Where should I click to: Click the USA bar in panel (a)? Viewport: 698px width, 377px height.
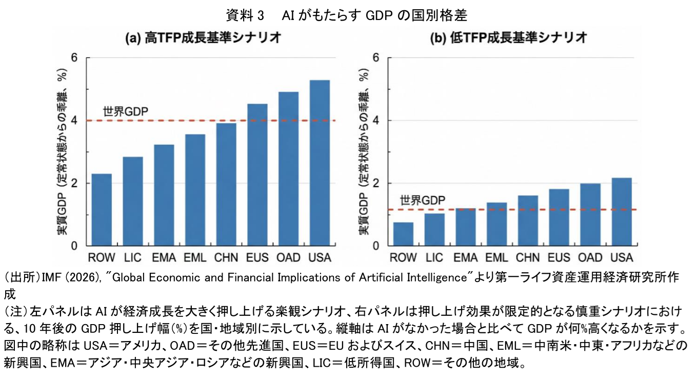[320, 163]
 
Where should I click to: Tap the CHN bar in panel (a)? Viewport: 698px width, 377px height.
[226, 184]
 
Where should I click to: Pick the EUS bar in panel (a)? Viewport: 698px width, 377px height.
[257, 175]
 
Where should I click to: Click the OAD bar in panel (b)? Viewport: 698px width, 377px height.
[590, 215]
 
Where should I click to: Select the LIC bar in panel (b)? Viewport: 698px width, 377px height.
[434, 230]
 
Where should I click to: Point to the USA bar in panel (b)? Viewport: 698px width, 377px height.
[621, 212]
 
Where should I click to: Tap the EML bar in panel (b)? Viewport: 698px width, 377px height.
[496, 224]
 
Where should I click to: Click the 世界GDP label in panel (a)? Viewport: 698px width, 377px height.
[126, 111]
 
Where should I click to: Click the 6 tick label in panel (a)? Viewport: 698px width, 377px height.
[74, 58]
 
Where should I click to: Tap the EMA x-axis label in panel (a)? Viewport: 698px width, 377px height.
[164, 257]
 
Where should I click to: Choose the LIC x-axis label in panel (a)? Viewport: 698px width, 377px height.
[133, 257]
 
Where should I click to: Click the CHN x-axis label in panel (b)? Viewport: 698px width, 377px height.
[528, 257]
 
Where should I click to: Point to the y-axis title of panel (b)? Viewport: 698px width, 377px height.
[364, 153]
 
